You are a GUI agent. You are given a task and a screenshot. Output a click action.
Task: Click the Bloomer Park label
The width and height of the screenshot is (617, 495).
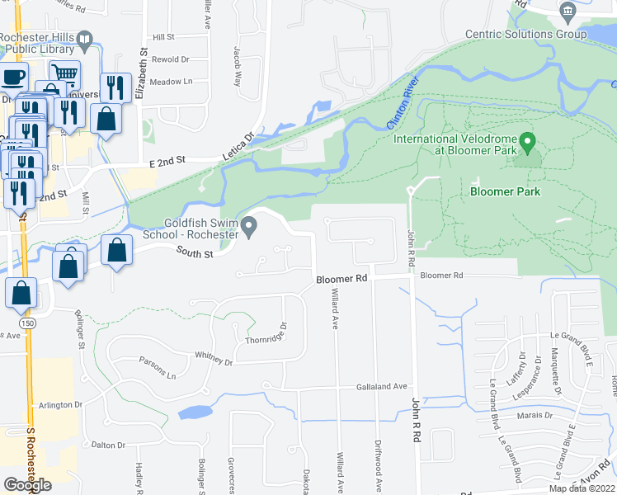505,191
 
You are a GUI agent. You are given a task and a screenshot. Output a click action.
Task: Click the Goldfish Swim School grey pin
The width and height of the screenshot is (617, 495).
249,224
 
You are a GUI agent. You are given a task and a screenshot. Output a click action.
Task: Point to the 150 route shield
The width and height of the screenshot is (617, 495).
29,324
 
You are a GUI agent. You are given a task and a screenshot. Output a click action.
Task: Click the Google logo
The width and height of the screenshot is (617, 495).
27,484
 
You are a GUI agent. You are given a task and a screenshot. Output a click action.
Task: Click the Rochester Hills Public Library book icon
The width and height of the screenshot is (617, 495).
84,38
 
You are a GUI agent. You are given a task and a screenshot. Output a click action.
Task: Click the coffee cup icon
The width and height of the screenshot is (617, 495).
13,78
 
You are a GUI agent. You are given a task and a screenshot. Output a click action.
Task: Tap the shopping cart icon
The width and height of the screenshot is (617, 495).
64,75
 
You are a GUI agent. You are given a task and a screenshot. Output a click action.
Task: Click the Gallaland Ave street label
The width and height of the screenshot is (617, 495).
382,386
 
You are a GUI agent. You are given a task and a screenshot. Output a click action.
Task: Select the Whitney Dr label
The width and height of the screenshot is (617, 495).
214,358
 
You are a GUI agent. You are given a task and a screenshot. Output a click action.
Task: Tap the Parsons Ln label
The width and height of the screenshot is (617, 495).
160,373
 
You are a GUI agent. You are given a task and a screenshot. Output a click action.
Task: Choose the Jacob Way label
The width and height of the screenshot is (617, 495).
237,65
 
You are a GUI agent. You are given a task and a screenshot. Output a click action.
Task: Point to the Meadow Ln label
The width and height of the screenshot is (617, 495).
171,82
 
